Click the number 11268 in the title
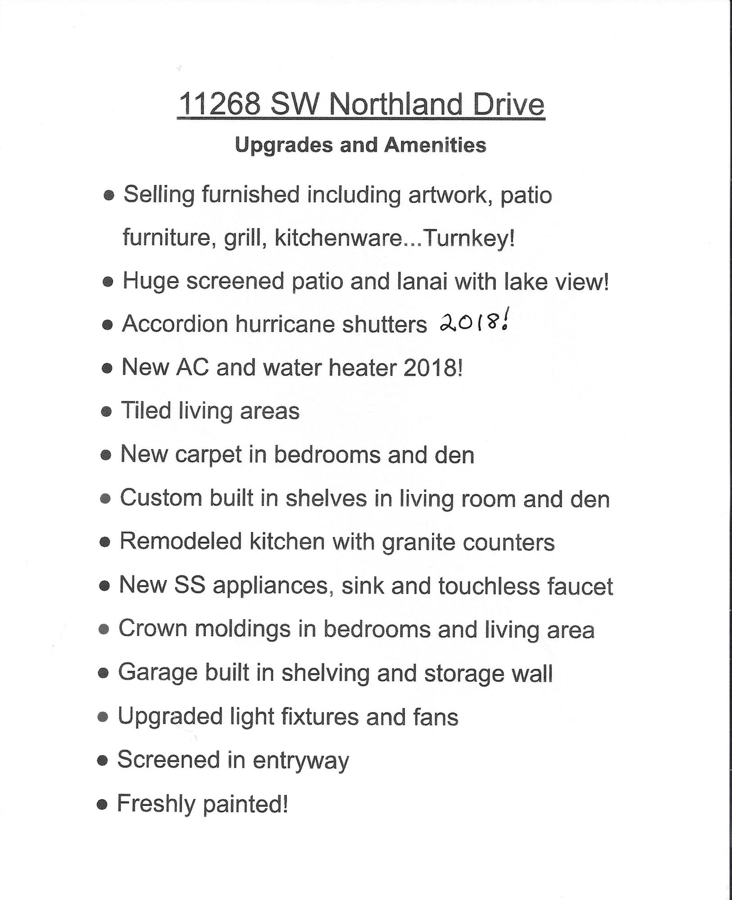coord(220,104)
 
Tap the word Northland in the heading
coord(396,104)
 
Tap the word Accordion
coord(175,324)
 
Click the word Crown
coord(153,629)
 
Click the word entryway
coord(301,760)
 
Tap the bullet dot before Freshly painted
coord(103,805)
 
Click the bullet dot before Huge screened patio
coord(108,282)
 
